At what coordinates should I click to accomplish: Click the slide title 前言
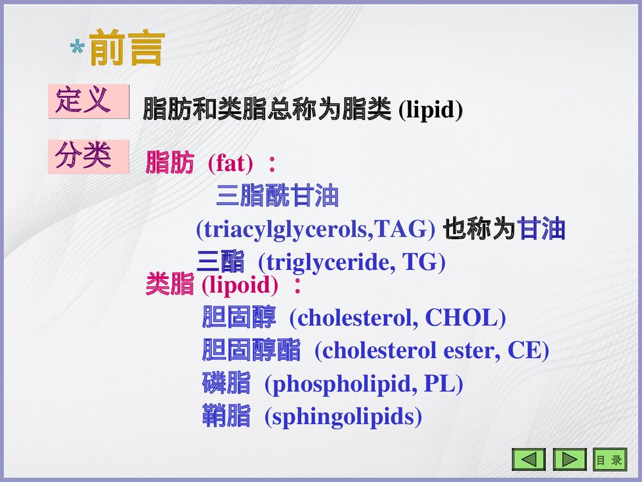click(x=127, y=48)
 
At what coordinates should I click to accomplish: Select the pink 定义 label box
click(x=89, y=101)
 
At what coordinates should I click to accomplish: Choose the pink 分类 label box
click(x=89, y=156)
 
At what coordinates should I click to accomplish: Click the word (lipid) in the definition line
click(x=430, y=110)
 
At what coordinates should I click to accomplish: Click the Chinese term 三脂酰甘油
click(x=277, y=196)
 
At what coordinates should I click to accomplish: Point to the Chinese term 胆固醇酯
click(x=251, y=351)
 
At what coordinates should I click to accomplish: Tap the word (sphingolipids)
click(x=343, y=417)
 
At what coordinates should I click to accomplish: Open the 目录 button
click(x=609, y=460)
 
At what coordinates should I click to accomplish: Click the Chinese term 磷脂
click(x=226, y=384)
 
